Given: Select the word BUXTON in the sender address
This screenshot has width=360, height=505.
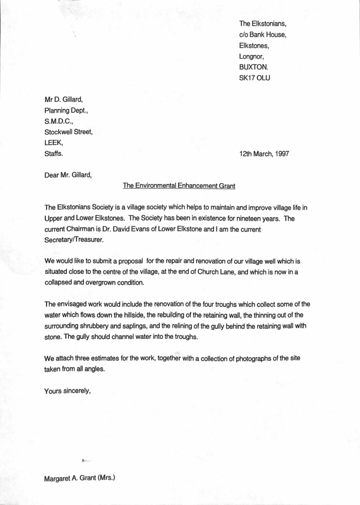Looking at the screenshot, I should [254, 67].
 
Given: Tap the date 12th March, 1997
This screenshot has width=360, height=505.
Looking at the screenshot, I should [264, 153].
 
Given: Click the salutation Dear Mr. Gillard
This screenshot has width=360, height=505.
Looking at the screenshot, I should [68, 174].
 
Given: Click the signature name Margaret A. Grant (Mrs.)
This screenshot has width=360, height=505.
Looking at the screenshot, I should [80, 478].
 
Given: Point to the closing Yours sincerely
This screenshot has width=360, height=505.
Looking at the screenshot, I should [68, 390].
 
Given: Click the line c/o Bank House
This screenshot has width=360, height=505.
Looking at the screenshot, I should [263, 34].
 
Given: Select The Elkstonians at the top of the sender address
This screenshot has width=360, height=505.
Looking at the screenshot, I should [263, 24].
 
